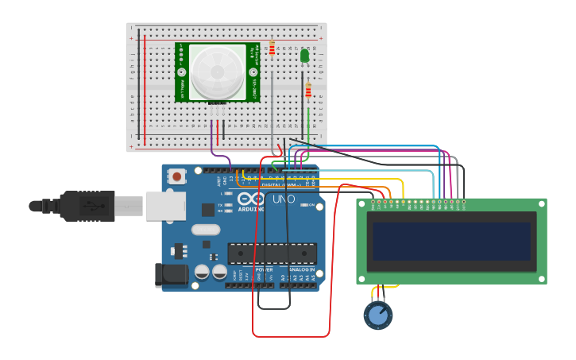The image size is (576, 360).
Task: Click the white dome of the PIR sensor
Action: (217, 71)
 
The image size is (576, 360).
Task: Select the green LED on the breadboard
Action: (304, 56)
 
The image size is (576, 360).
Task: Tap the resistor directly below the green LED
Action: (308, 91)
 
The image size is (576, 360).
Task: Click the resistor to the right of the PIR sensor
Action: (273, 48)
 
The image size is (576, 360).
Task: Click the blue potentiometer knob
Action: (378, 315)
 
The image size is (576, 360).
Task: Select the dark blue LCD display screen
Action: (451, 241)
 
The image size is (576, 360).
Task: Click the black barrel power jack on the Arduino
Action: (172, 275)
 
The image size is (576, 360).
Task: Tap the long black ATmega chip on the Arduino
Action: (272, 254)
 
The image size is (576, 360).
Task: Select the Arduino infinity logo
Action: (249, 199)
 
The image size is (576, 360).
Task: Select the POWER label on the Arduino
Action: (264, 270)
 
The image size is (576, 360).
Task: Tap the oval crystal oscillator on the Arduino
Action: (205, 230)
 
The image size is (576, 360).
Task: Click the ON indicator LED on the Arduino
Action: (304, 206)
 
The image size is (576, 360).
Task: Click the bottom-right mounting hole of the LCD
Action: (542, 278)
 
